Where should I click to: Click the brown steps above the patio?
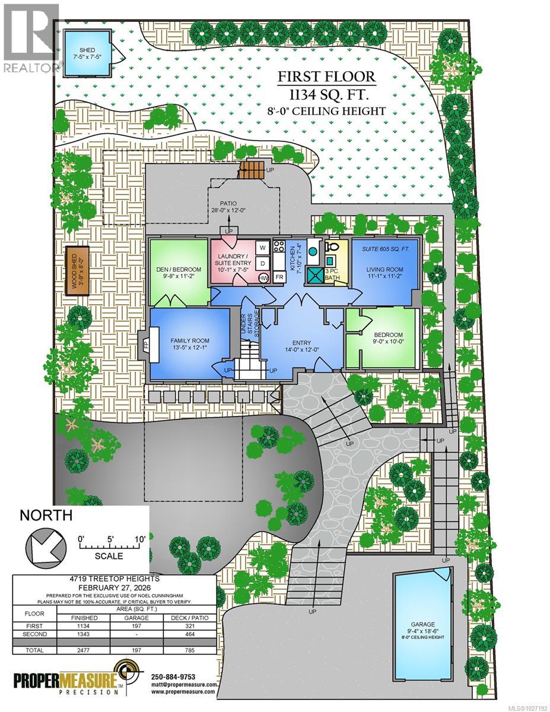point(249,170)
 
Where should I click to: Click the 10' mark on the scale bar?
point(140,538)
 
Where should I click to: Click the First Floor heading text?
point(328,77)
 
